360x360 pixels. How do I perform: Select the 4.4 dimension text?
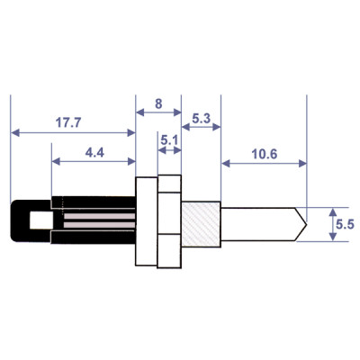94,153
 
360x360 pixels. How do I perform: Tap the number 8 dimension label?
158,103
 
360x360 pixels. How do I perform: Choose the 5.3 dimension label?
202,119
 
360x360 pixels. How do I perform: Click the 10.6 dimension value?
264,153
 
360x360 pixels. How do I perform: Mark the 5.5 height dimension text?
346,221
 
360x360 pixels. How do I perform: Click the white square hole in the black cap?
39,220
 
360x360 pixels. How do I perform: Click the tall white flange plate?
145,220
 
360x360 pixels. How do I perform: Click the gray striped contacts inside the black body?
94,220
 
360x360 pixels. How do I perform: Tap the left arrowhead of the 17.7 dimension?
13,132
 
